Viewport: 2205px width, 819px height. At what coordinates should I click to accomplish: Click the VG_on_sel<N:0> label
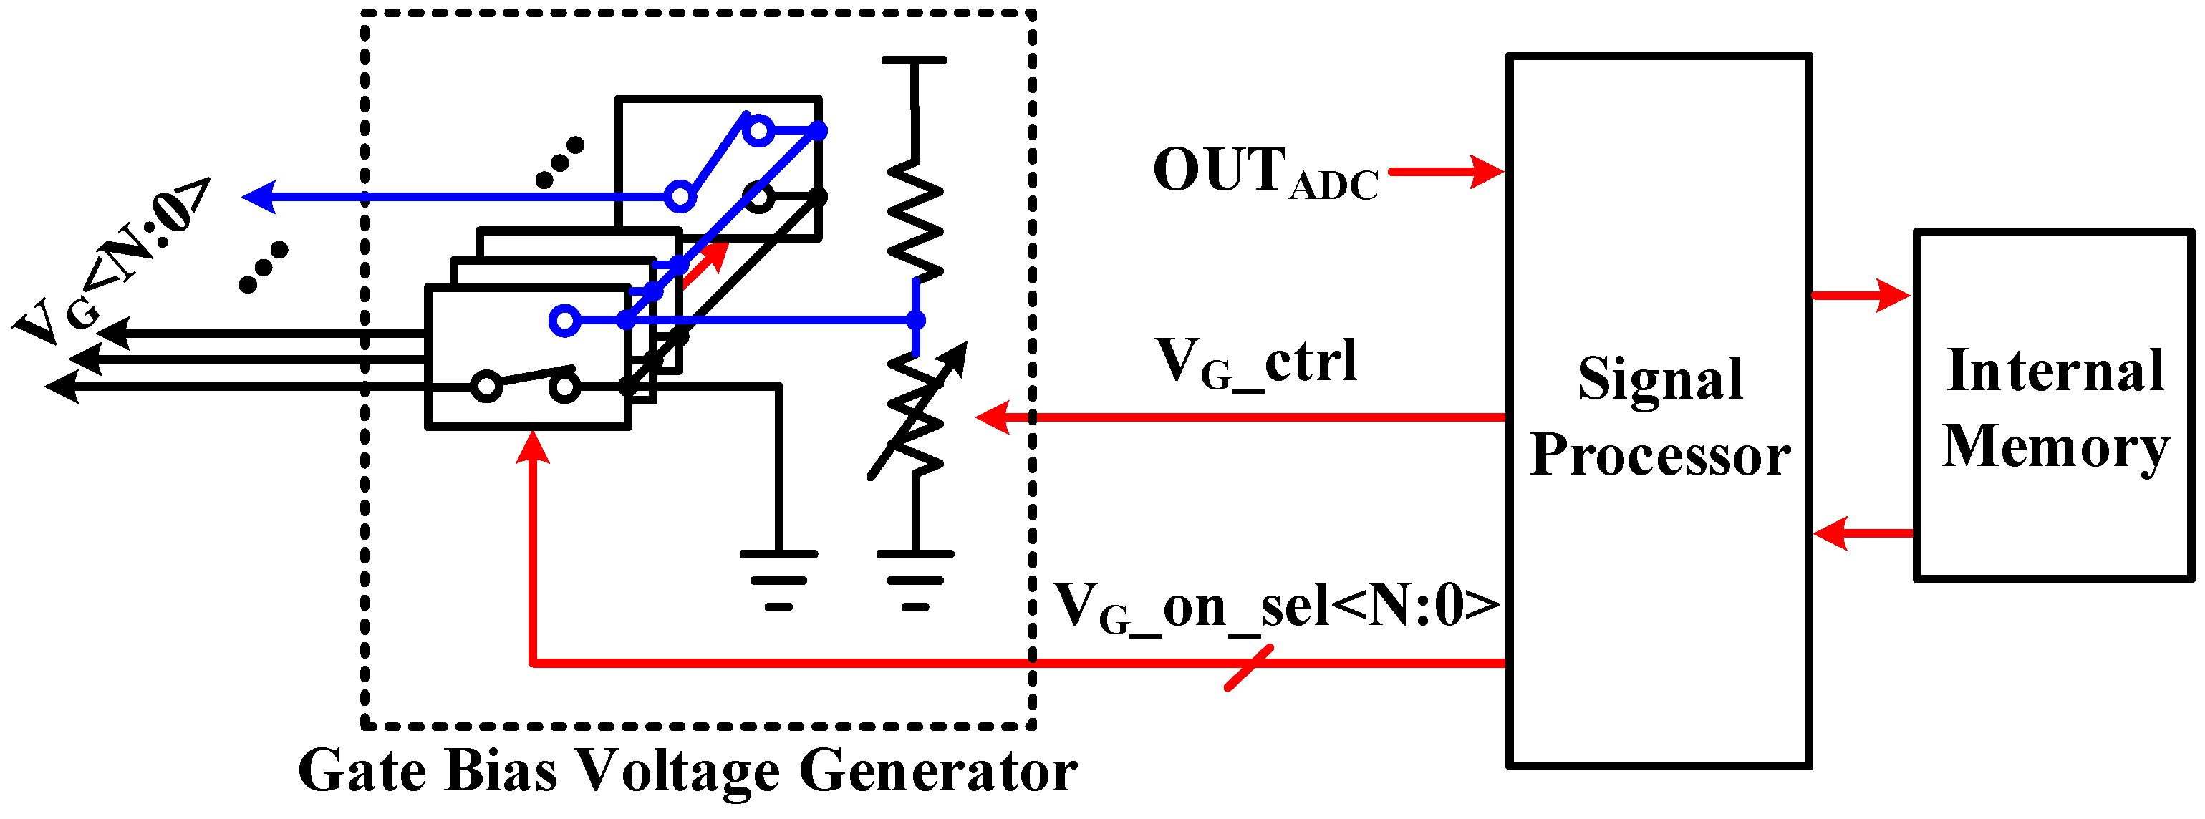pyautogui.click(x=1275, y=608)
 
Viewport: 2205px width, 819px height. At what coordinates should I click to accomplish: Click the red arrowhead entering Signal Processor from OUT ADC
pyautogui.click(x=1487, y=171)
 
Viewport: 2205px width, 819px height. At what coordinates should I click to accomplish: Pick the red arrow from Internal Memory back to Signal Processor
pyautogui.click(x=1862, y=534)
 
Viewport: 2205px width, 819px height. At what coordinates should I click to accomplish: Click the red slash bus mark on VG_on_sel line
pyautogui.click(x=1249, y=667)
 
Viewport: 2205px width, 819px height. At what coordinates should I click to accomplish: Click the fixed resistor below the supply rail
pyautogui.click(x=916, y=219)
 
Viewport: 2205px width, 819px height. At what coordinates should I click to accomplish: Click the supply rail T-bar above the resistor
pyautogui.click(x=915, y=61)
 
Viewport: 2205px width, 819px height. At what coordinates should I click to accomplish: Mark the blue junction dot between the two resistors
pyautogui.click(x=916, y=321)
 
